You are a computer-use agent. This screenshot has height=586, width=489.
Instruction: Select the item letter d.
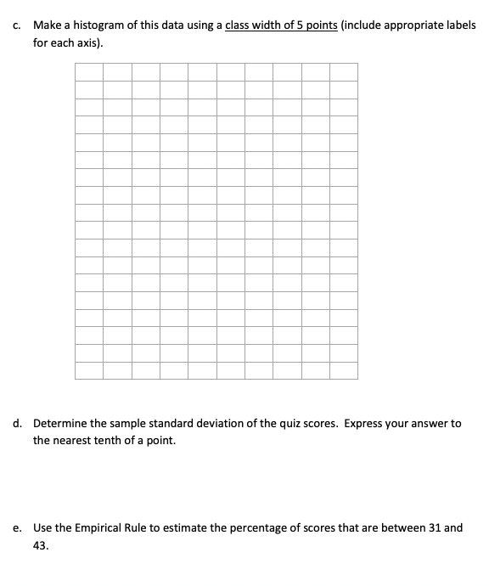tap(17, 423)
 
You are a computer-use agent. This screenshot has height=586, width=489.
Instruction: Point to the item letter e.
tap(17, 528)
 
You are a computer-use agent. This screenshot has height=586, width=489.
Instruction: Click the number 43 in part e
tap(41, 547)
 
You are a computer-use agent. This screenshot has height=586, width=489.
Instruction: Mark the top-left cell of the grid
tap(89, 70)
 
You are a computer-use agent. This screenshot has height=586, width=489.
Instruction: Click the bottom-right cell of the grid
tap(343, 370)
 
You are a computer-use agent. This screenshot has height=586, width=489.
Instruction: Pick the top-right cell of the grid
tap(343, 70)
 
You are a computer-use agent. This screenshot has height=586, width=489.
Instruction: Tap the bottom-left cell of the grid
tap(89, 370)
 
